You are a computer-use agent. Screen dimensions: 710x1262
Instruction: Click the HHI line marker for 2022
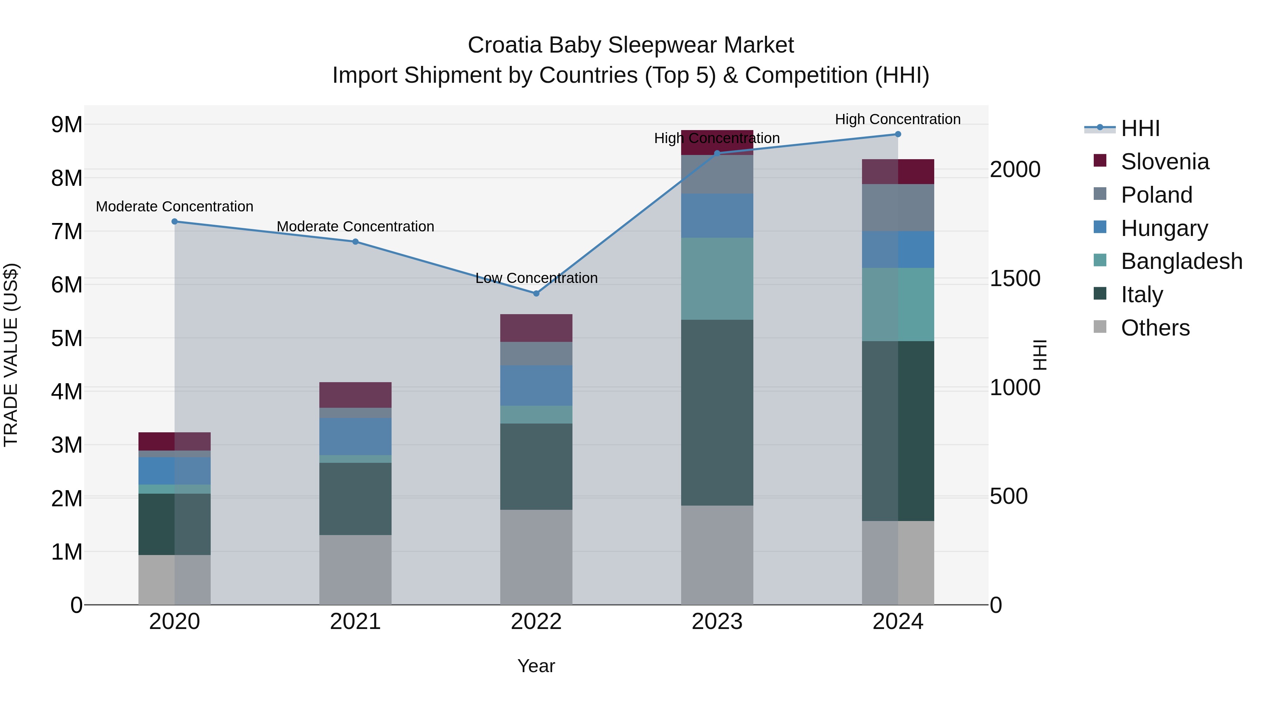tap(536, 293)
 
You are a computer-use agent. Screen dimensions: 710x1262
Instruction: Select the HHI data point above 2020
tap(175, 222)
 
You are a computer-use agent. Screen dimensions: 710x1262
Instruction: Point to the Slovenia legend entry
tap(1165, 162)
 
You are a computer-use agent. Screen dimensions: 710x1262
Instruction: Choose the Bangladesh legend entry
tap(1181, 261)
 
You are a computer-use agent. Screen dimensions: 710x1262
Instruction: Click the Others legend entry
tap(1155, 328)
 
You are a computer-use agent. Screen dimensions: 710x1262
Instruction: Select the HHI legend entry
tap(1140, 128)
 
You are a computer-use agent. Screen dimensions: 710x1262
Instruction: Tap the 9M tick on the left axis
tap(67, 124)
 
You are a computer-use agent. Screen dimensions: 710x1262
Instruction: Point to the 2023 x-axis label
tap(717, 622)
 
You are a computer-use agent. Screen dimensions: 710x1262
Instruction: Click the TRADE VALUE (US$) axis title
tap(11, 355)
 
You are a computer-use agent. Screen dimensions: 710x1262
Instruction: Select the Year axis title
tap(536, 666)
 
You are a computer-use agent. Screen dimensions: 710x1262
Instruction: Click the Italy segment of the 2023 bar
tap(717, 413)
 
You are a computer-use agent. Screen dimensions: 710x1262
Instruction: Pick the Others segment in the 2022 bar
tap(536, 557)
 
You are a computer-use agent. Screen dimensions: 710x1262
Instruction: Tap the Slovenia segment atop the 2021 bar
tap(355, 395)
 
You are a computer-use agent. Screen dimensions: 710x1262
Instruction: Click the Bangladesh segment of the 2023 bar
tap(717, 279)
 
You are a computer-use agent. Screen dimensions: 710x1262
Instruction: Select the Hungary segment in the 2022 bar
tap(536, 386)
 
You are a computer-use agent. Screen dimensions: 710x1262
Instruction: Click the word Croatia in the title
tap(504, 45)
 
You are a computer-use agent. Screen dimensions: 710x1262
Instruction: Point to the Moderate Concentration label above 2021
tap(355, 226)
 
